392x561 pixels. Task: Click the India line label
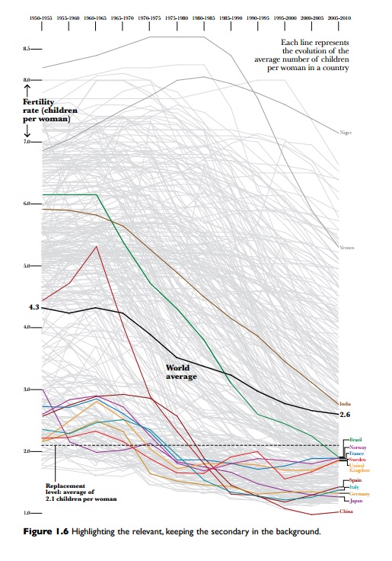(343, 403)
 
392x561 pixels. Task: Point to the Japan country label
(355, 501)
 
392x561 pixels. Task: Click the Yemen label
(346, 248)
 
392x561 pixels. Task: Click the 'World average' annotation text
(182, 372)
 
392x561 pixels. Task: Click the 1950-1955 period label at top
(41, 15)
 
